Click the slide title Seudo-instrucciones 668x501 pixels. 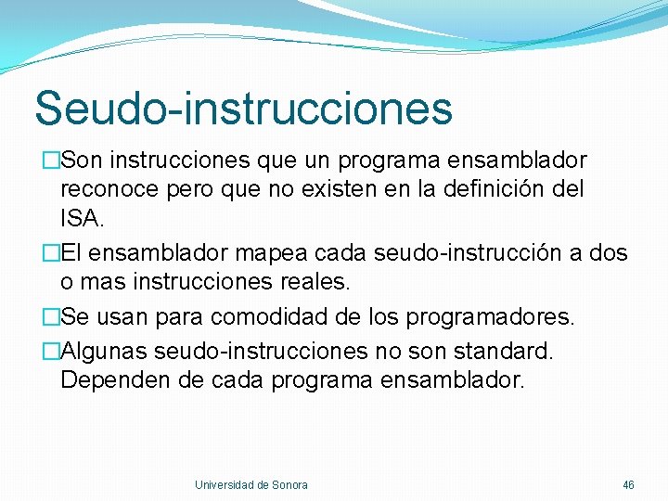pos(243,108)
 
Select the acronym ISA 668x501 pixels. pos(82,221)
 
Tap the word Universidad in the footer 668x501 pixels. pos(224,485)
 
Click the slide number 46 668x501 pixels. pos(628,485)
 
